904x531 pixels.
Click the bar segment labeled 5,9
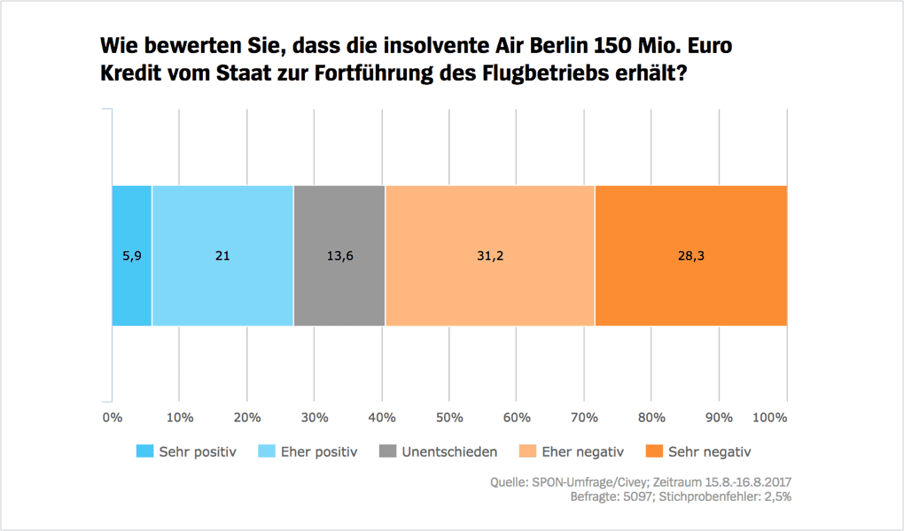pyautogui.click(x=131, y=256)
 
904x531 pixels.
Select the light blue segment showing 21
pyautogui.click(x=222, y=256)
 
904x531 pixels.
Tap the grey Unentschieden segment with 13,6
pyautogui.click(x=339, y=256)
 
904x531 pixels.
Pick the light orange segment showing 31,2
pyautogui.click(x=490, y=256)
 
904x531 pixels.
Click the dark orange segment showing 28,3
pyautogui.click(x=691, y=256)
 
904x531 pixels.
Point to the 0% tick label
pyautogui.click(x=113, y=417)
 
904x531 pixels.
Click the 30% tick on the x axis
pyautogui.click(x=315, y=417)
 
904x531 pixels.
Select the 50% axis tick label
pyautogui.click(x=449, y=417)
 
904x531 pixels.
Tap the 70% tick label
pyautogui.click(x=584, y=417)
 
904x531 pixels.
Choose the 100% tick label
pyautogui.click(x=770, y=417)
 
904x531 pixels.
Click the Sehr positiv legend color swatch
pyautogui.click(x=144, y=451)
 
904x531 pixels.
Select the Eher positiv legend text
pyautogui.click(x=319, y=451)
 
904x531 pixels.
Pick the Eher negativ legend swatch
pyautogui.click(x=525, y=451)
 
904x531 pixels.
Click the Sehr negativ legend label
pyautogui.click(x=710, y=451)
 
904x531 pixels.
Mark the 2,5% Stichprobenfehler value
pyautogui.click(x=774, y=496)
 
